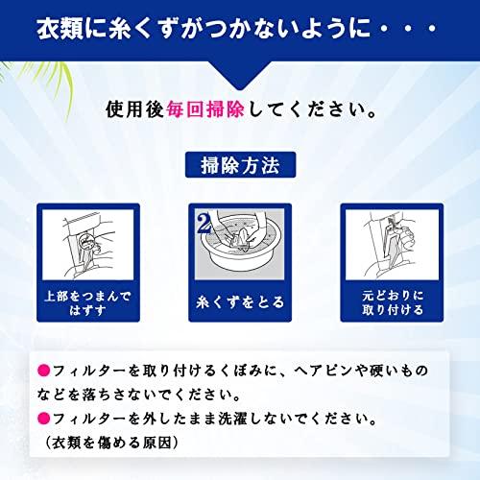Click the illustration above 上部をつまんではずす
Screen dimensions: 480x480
tap(83, 241)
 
